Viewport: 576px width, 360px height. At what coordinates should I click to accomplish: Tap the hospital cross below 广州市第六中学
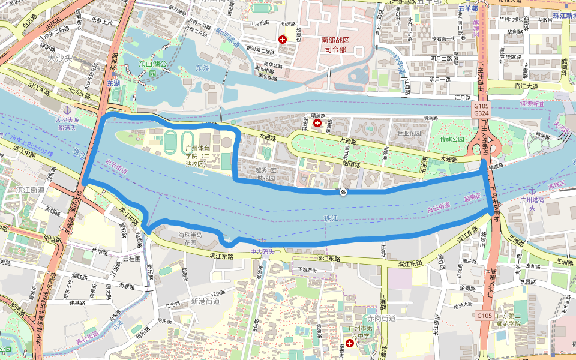pyautogui.click(x=350, y=343)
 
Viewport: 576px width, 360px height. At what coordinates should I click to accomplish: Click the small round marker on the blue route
pyautogui.click(x=343, y=192)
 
